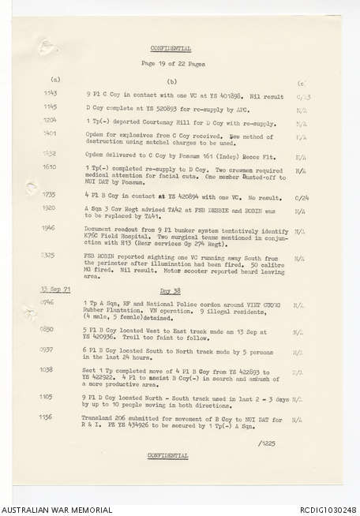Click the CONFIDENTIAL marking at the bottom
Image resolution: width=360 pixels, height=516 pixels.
click(x=167, y=455)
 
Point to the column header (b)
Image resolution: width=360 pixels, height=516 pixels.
click(x=171, y=81)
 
